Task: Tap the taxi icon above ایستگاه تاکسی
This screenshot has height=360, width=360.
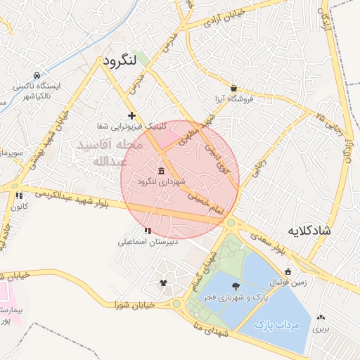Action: pos(37,75)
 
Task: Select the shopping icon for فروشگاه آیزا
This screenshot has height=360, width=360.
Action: pos(233,89)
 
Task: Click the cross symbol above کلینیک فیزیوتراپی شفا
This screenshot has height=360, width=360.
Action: pos(131,115)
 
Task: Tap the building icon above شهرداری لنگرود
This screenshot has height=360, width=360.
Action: pos(162,172)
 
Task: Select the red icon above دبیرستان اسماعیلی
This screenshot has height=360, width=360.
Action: pos(148,231)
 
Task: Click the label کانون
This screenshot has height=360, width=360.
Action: pos(19,207)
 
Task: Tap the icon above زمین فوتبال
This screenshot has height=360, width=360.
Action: pos(288,271)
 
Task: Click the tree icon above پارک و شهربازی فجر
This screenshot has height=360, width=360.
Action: pos(234,285)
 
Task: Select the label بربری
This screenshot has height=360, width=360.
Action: pos(321,328)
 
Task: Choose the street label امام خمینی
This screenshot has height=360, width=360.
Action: pos(207,202)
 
